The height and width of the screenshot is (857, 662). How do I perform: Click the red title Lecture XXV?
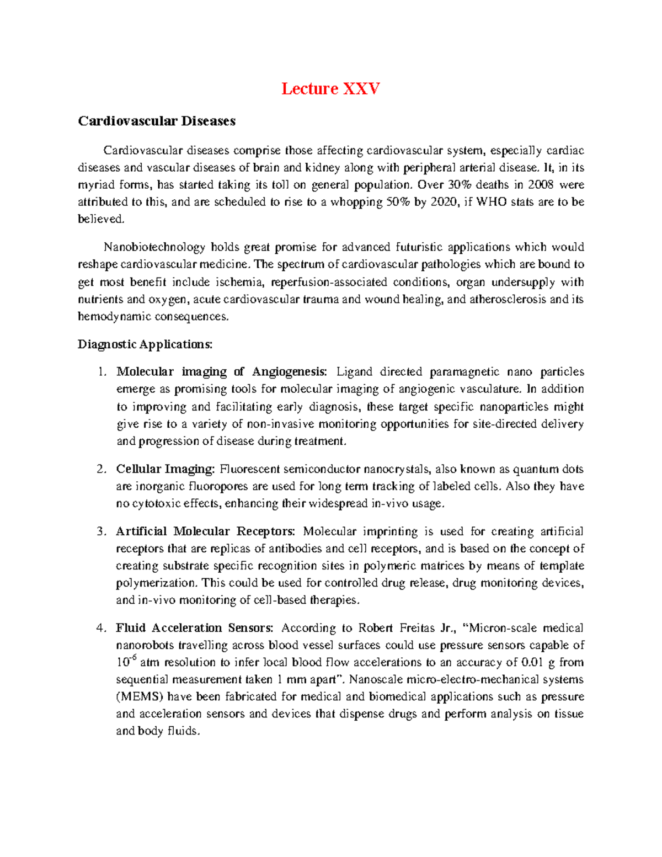point(330,89)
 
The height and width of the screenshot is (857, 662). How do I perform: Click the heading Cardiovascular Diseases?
point(157,121)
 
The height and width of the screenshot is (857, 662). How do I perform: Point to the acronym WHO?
point(491,202)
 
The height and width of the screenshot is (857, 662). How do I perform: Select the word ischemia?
point(239,283)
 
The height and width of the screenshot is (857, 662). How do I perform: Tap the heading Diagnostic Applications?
point(145,345)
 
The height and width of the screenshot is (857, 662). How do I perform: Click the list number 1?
point(101,372)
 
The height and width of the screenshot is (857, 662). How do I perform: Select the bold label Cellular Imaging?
point(165,470)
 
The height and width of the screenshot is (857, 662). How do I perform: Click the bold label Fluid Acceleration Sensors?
point(194,629)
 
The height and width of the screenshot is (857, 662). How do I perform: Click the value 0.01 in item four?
point(532,663)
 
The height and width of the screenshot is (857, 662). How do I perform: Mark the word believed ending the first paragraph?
point(101,219)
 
